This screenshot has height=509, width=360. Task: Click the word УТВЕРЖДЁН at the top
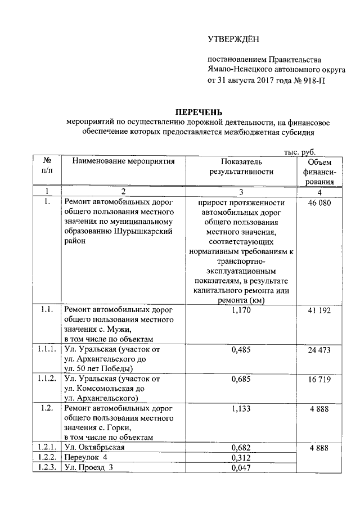[232, 39]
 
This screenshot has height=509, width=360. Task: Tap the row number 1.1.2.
[48, 379]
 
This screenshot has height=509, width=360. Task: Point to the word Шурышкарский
[143, 232]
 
